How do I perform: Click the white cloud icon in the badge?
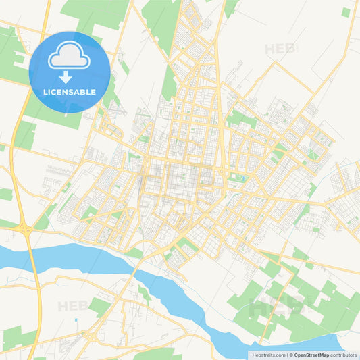click(x=70, y=57)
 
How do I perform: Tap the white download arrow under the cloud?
click(x=70, y=76)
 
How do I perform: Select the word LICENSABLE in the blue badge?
click(x=70, y=91)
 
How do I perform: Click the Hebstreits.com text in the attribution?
click(x=267, y=355)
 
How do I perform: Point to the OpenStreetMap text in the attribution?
click(x=311, y=355)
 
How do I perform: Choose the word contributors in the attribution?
click(x=344, y=355)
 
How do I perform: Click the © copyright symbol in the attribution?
click(x=291, y=355)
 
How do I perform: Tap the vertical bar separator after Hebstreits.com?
click(x=286, y=355)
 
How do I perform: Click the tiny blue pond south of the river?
click(x=76, y=319)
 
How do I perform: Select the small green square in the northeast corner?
click(x=346, y=12)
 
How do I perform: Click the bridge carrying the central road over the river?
click(x=140, y=263)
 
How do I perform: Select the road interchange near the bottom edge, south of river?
click(x=90, y=336)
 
